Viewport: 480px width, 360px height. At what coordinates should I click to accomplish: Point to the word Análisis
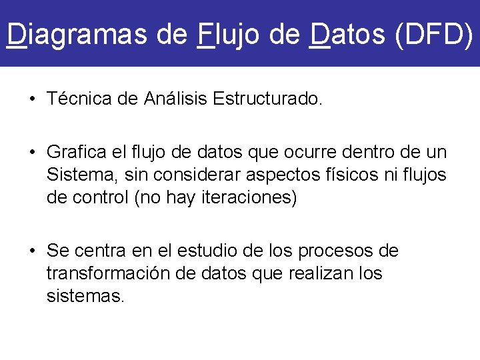coord(175,99)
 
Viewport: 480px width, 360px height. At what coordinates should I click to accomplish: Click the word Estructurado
coord(268,99)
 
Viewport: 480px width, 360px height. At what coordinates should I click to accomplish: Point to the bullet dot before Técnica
coord(32,100)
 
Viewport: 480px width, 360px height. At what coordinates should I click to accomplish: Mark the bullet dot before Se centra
coord(32,252)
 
